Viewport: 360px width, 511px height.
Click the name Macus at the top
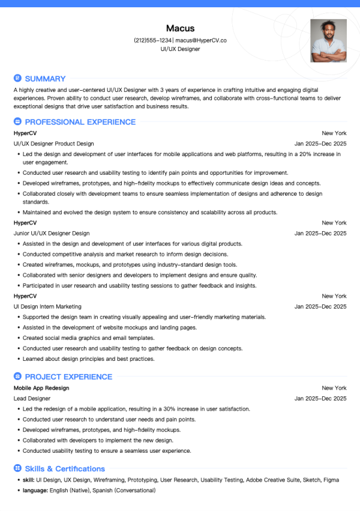pos(180,28)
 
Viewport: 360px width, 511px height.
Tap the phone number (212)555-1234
pos(153,40)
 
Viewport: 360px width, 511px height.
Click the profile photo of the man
pos(328,41)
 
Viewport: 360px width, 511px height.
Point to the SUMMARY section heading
pos(45,79)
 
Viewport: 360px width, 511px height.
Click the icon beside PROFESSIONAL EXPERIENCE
pos(17,122)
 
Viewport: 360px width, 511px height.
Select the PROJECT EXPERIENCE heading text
pos(68,376)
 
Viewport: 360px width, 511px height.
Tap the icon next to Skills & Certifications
pos(17,468)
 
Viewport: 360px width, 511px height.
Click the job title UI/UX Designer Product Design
pos(53,144)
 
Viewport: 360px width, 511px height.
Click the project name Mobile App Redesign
pos(41,388)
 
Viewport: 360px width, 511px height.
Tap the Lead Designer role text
pos(32,398)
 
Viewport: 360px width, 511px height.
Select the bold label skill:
pos(28,480)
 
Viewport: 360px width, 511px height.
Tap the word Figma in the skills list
pos(331,480)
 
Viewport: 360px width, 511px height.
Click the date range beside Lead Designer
pos(320,398)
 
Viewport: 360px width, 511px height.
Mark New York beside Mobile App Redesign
pos(334,388)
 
